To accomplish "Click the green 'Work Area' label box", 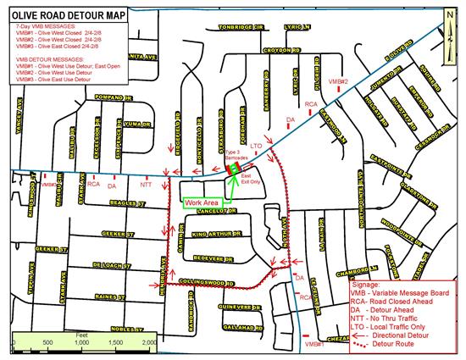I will click(x=199, y=202).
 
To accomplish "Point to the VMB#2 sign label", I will click(x=338, y=81).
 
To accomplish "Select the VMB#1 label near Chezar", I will click(x=314, y=345).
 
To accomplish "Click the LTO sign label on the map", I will click(x=258, y=146).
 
